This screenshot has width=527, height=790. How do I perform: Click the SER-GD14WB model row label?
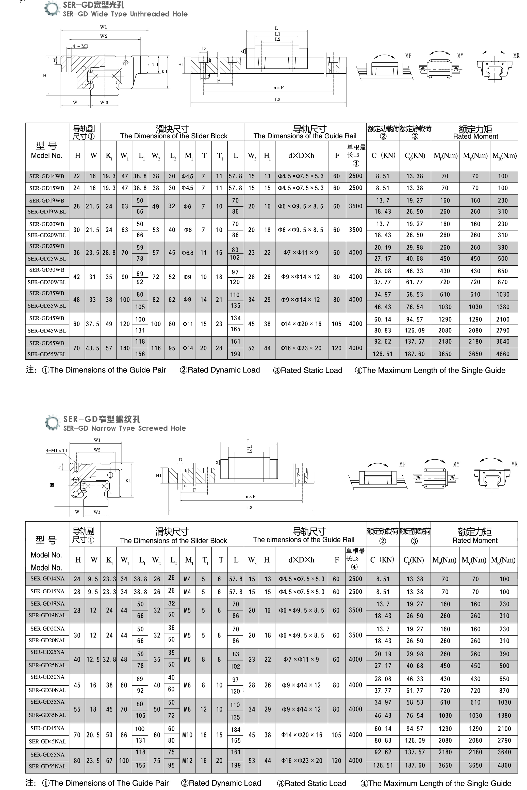tap(47, 176)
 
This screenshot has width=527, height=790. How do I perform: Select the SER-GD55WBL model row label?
tap(47, 354)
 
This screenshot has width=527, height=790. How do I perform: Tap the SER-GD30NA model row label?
tap(47, 677)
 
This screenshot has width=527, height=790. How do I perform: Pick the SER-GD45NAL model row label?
tap(47, 741)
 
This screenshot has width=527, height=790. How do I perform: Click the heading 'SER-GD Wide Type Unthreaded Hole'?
tap(125, 14)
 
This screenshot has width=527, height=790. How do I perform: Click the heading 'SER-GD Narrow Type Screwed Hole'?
tap(124, 428)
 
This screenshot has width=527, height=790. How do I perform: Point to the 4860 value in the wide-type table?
tap(503, 354)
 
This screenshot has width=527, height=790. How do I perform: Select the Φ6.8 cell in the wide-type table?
tap(188, 253)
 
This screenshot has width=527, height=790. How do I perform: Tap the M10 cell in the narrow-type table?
tap(187, 735)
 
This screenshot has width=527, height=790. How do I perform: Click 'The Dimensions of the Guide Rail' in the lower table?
tap(304, 540)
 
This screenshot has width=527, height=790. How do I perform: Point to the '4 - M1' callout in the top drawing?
tap(80, 46)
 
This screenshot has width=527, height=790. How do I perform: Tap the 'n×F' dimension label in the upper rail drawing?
tap(278, 88)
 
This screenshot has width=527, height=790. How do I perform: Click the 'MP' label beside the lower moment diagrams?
tap(402, 464)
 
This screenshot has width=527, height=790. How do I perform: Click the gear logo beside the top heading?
tap(52, 9)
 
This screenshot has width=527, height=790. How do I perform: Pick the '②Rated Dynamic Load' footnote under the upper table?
tap(220, 370)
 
